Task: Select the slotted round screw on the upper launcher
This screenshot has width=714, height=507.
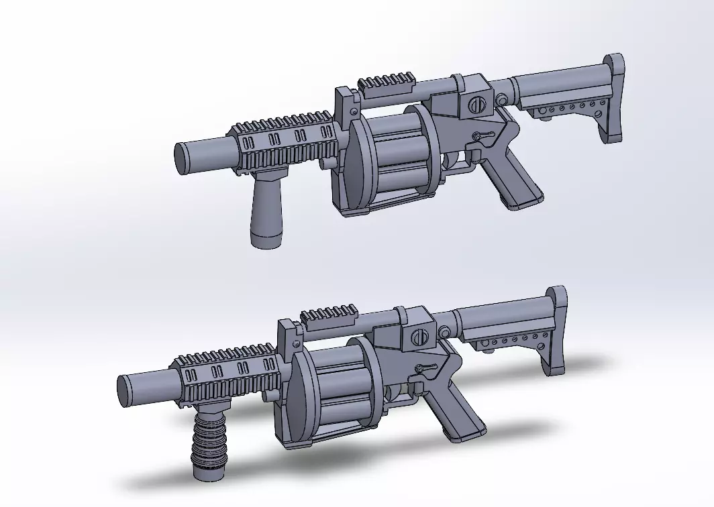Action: (x=475, y=105)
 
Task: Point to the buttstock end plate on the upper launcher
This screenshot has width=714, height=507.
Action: (x=615, y=101)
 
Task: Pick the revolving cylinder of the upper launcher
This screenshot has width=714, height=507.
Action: (x=396, y=157)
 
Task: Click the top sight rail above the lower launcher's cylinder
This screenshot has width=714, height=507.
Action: (x=329, y=315)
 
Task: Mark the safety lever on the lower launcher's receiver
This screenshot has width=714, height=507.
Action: (x=425, y=367)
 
